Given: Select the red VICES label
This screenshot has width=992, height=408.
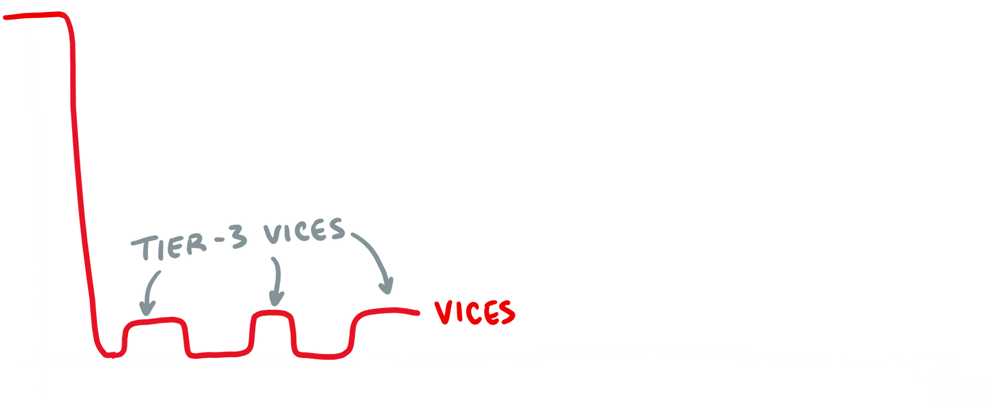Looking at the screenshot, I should coord(475,313).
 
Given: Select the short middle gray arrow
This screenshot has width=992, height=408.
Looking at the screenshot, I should coord(275,284).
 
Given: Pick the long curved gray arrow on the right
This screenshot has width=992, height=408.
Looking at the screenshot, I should coord(378,263).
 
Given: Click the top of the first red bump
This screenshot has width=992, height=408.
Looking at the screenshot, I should coord(156,322).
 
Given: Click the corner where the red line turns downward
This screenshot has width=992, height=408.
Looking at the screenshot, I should coord(70,21).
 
